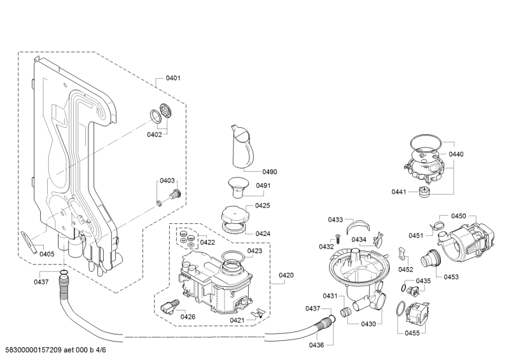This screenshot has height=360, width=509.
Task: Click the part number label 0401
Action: (x=173, y=78)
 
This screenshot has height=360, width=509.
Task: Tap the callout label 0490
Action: (x=270, y=172)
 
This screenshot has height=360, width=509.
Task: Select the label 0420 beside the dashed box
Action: (x=286, y=275)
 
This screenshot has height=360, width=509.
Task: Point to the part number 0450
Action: (x=459, y=216)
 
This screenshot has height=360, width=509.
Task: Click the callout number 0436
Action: (x=317, y=345)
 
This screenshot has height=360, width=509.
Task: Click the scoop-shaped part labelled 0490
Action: (x=242, y=144)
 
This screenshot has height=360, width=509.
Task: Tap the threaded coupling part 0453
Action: (x=428, y=260)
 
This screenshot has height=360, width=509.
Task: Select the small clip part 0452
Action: (x=403, y=253)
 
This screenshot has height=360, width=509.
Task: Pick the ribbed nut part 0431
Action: (x=347, y=311)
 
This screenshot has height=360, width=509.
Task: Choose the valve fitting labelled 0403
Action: (x=172, y=193)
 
